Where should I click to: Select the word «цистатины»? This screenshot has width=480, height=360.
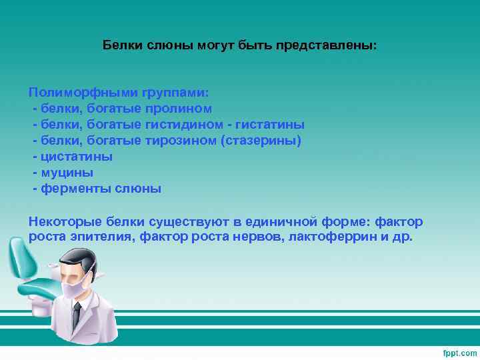76,156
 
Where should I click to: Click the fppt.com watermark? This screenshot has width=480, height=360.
459,352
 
